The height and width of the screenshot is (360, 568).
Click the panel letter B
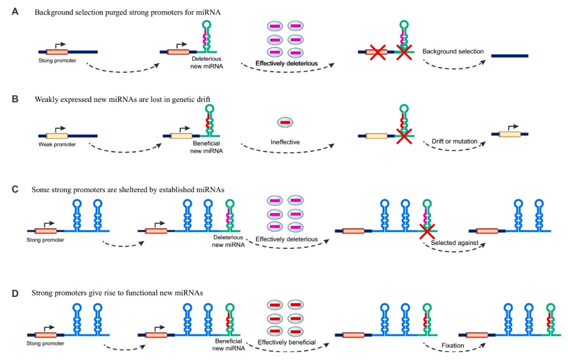coord(16,100)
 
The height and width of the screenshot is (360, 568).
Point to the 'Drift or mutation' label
coord(455,141)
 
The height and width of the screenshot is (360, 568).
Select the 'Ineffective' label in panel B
coord(285,143)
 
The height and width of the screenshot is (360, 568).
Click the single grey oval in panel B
coord(285,123)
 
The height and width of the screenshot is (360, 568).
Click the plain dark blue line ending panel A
coord(509,56)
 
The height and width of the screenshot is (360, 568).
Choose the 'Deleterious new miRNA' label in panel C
coord(228,241)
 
